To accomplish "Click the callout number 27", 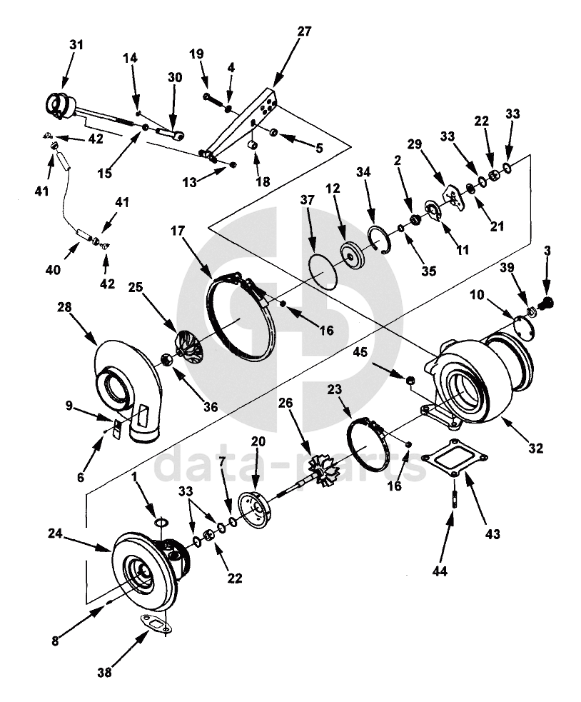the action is [x=304, y=32].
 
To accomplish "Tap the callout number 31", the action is [x=76, y=45].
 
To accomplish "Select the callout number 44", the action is [x=440, y=571].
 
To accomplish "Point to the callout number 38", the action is [x=105, y=672].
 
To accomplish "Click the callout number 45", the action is [x=360, y=351].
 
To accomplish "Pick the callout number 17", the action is [x=178, y=231].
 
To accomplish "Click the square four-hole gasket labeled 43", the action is [x=455, y=458].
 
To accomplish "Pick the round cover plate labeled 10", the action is [x=522, y=327].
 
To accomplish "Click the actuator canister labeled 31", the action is [x=61, y=105].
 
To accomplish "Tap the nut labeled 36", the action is [x=166, y=359].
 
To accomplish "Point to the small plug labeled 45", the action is [x=409, y=381].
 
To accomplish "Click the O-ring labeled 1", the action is [x=161, y=523].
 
